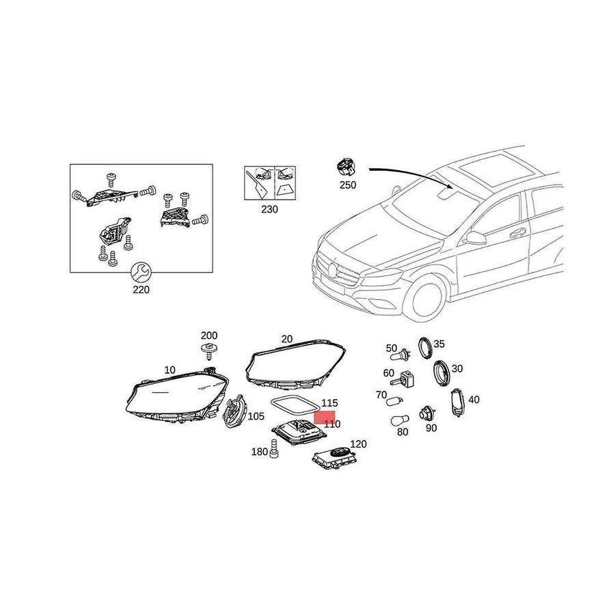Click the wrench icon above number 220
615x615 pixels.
140,272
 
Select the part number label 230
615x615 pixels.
269,210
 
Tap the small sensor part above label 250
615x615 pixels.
346,168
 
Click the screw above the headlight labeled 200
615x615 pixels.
208,351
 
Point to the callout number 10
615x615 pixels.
170,370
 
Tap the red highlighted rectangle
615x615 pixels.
325,417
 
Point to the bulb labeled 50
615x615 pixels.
400,355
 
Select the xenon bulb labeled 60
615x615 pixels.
404,379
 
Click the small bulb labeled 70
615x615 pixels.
394,401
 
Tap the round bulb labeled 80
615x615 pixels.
400,420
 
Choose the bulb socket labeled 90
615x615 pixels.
425,414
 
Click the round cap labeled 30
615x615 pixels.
442,372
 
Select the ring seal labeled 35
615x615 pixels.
425,347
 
